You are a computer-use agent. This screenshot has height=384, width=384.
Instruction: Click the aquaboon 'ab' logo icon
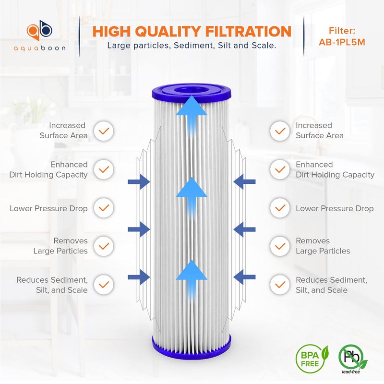[x=39, y=30]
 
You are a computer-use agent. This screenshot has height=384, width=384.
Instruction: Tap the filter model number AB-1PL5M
[x=342, y=42]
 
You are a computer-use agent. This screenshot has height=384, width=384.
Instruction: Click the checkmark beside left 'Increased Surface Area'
[x=104, y=131]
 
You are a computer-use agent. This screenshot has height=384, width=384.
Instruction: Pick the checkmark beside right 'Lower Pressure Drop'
[x=279, y=208]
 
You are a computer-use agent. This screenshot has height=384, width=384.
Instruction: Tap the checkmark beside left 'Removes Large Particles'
[x=104, y=246]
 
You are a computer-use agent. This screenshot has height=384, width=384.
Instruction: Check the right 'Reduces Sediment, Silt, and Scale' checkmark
[x=279, y=285]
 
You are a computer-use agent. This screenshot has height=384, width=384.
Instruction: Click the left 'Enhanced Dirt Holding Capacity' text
[x=49, y=169]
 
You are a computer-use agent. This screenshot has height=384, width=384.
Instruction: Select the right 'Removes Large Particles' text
[x=323, y=246]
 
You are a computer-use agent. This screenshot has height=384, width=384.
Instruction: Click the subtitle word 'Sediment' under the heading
[x=185, y=46]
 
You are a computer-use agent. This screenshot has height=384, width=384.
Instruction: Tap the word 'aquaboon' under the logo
[x=39, y=48]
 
